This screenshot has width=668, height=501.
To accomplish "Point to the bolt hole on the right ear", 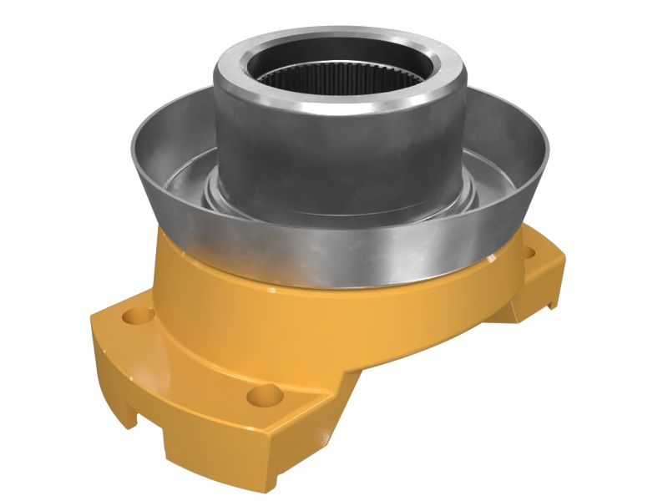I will coord(528,249).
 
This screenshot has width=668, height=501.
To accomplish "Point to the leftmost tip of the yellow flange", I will coord(92,321).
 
